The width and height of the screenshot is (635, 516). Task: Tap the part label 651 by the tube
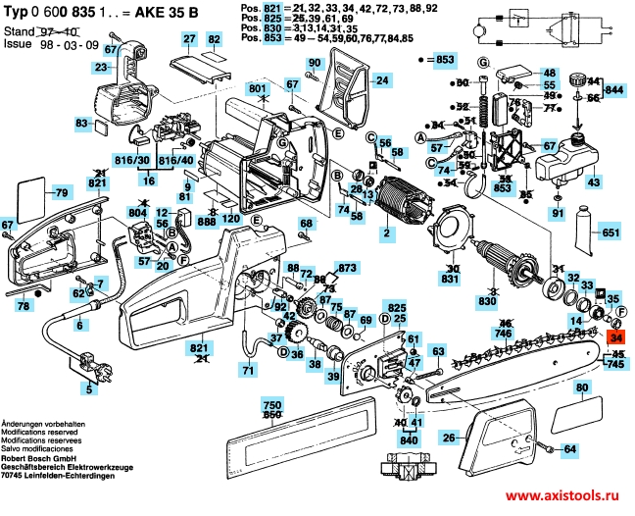[611, 233]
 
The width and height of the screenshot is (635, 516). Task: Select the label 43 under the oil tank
[593, 182]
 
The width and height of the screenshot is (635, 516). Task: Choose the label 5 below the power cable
[90, 391]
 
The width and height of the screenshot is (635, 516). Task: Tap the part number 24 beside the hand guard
[381, 81]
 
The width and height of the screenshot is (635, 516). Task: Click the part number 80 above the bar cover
[582, 388]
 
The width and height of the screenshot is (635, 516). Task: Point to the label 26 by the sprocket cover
[449, 438]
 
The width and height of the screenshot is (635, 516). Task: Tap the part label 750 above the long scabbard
[272, 404]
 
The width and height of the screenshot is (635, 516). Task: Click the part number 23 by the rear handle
[101, 68]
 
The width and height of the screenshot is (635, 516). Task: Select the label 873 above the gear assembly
[346, 268]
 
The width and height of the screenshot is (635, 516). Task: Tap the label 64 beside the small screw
[570, 449]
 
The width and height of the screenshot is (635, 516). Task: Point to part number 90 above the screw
[314, 64]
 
